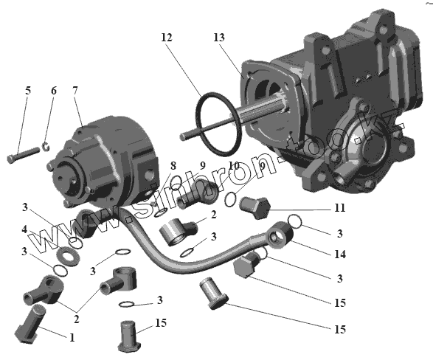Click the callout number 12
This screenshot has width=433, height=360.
pos(167,38)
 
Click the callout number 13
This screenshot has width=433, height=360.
pos(219,38)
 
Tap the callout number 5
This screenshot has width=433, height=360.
pos(28,90)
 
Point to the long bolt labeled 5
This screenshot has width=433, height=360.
pos(24,155)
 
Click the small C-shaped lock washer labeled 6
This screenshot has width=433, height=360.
pos(46,146)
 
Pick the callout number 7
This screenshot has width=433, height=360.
pos(75,90)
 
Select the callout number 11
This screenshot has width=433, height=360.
pos(339,207)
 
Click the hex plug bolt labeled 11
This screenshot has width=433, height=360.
pos(254,207)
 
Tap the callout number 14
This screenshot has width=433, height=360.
pos(340,254)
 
